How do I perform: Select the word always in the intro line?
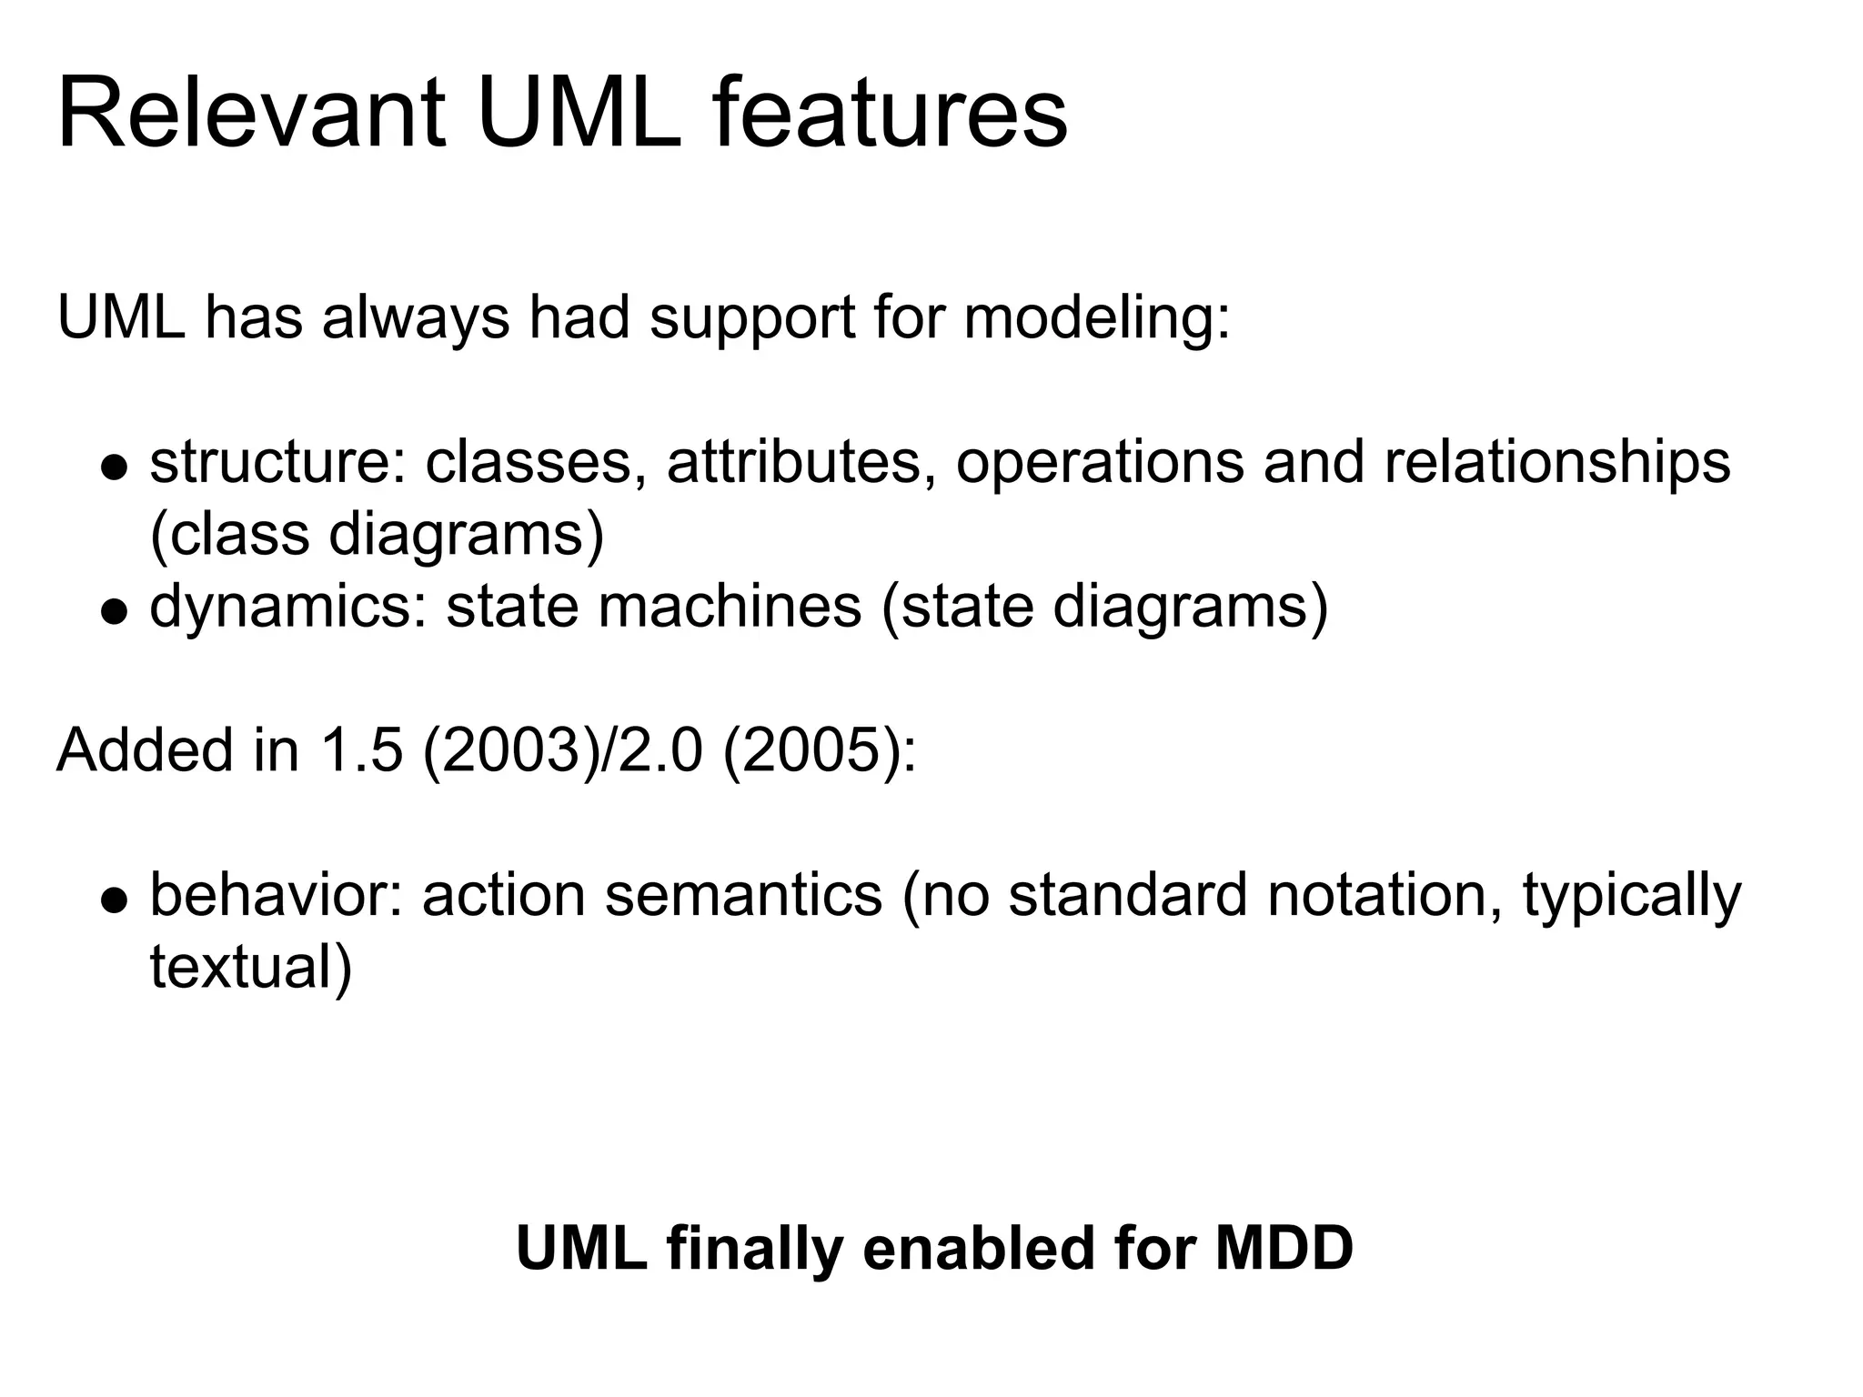pos(416,318)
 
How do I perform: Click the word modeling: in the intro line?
pos(1096,318)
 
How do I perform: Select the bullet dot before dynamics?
pos(115,612)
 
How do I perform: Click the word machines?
pos(729,607)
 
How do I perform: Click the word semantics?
pos(743,896)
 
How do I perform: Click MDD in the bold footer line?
pos(1284,1248)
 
